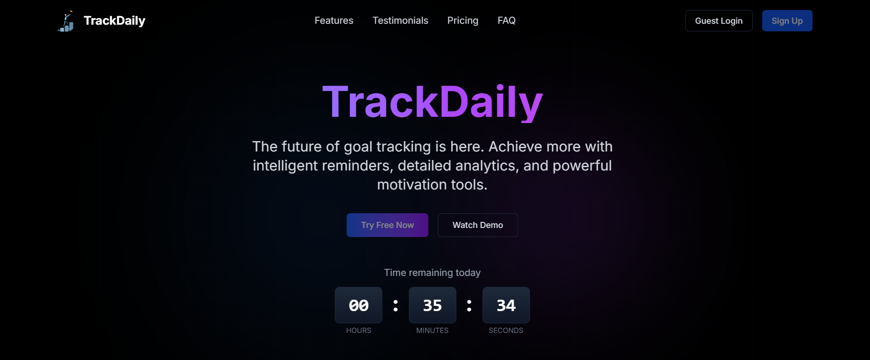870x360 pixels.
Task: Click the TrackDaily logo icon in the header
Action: pos(66,21)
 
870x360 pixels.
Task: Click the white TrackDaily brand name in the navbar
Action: pos(114,21)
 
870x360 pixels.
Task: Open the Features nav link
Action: pos(334,20)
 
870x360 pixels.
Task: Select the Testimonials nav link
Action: pos(400,20)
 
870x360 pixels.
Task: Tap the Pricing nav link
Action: pos(463,20)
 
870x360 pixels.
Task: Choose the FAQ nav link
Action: pos(506,20)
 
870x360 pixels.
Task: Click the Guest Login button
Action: pos(719,21)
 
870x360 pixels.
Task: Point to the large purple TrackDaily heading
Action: pos(432,102)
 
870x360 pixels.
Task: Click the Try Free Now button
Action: pos(388,225)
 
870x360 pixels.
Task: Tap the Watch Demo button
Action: pos(478,225)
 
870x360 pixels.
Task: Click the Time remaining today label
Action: pos(432,273)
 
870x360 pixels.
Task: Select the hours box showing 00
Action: pos(359,305)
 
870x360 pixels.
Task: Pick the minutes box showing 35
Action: pos(432,305)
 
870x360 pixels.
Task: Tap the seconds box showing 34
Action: pos(506,305)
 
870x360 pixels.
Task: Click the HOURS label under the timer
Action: pos(359,331)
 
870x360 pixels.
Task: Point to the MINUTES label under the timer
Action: pos(432,331)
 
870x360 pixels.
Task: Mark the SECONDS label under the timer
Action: pos(506,331)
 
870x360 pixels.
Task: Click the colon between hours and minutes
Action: pos(396,305)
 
